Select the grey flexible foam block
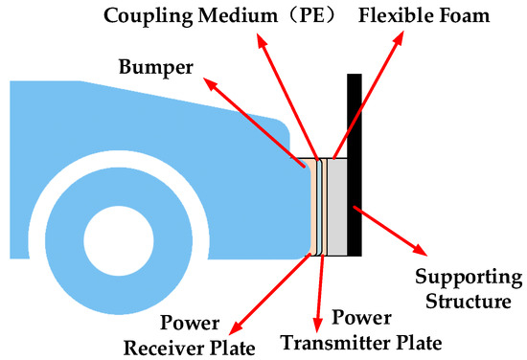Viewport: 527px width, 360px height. point(339,206)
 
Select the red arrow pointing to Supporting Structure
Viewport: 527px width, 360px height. point(389,231)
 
